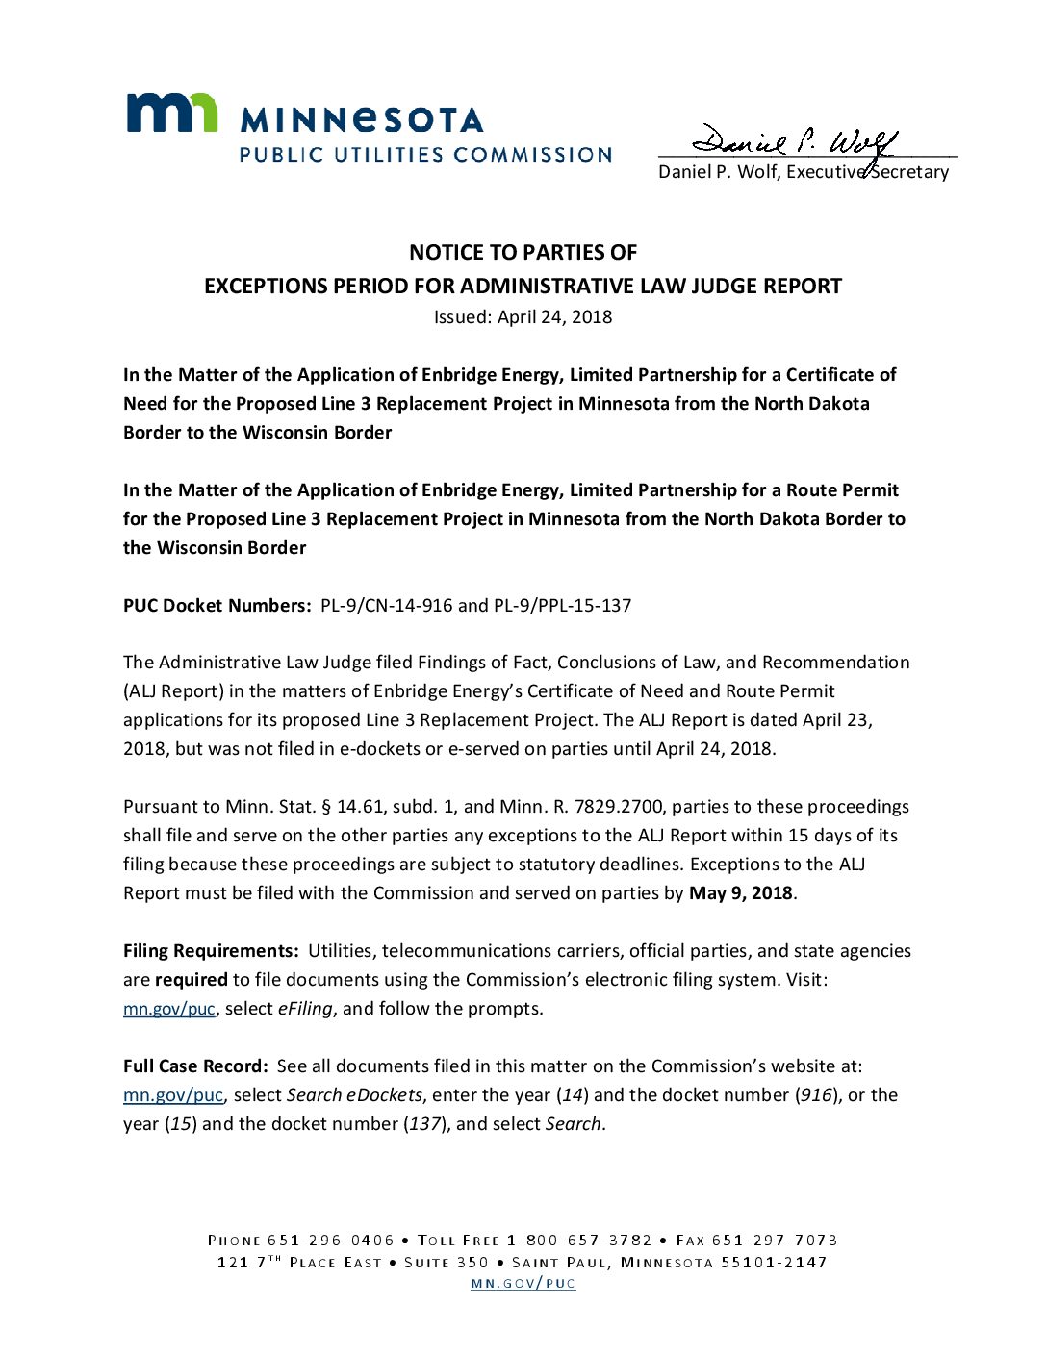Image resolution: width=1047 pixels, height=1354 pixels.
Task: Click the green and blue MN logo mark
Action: coord(172,113)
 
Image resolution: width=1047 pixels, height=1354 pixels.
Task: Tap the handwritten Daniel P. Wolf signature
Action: coord(794,142)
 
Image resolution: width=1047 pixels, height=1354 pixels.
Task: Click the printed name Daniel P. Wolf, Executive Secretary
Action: coord(803,172)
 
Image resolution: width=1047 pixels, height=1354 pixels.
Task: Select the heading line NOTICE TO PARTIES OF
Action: coord(523,252)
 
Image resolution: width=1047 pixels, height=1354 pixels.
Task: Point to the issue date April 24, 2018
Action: coord(554,316)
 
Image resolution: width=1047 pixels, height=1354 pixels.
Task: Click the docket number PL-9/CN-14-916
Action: coord(386,605)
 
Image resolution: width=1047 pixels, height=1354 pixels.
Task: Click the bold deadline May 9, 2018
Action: coord(740,892)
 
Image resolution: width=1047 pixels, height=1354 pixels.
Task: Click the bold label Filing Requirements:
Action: coord(211,950)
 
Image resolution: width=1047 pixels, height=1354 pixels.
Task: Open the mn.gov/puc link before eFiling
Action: coord(168,1009)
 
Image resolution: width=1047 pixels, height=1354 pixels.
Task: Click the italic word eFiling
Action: coord(305,1008)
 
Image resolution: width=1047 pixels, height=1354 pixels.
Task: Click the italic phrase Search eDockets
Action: coord(354,1094)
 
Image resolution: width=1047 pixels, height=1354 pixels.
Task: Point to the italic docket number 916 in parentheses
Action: coord(816,1094)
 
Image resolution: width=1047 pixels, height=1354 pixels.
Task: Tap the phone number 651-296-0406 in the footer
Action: coord(331,1240)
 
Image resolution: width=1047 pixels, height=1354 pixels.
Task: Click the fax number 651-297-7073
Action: coord(775,1240)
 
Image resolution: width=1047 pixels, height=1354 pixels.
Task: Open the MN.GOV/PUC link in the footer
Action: coord(523,1283)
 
